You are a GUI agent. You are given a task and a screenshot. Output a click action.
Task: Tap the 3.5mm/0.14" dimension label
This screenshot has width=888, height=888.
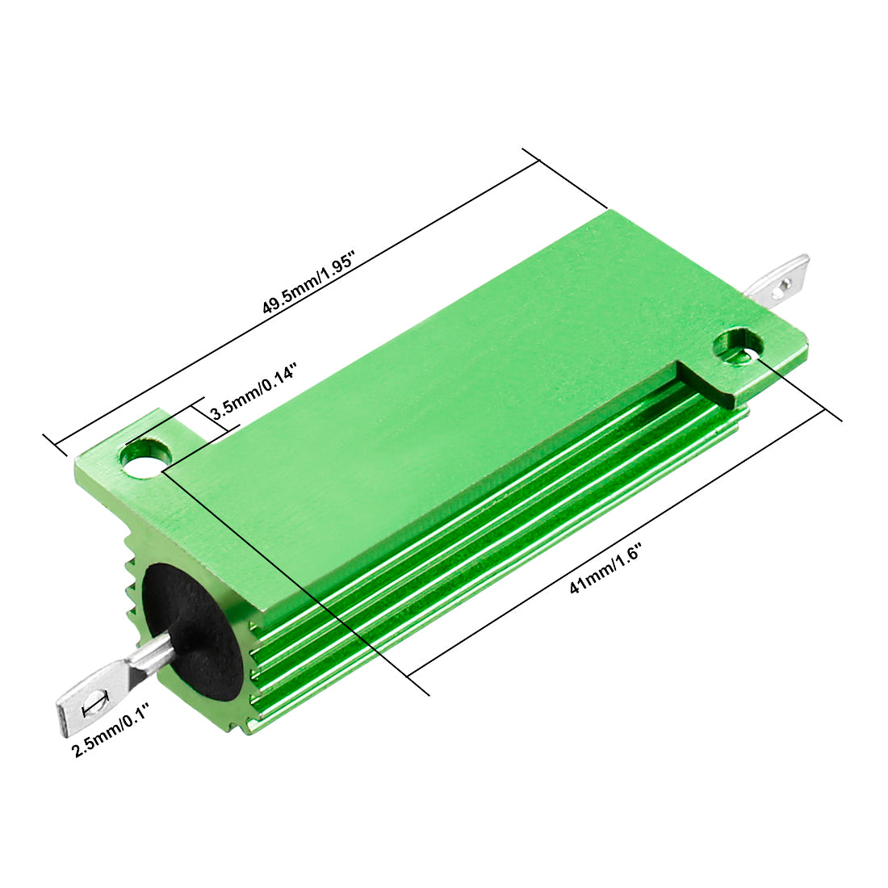click(x=253, y=391)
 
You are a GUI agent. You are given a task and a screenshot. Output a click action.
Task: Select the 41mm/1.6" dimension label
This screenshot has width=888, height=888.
click(x=605, y=568)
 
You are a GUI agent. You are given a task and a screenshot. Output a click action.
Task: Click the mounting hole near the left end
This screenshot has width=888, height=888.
click(x=146, y=456)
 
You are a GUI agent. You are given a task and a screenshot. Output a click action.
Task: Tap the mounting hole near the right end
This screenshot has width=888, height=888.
click(x=737, y=346)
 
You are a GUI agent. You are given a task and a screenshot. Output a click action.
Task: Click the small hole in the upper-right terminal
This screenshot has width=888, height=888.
click(x=784, y=286)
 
